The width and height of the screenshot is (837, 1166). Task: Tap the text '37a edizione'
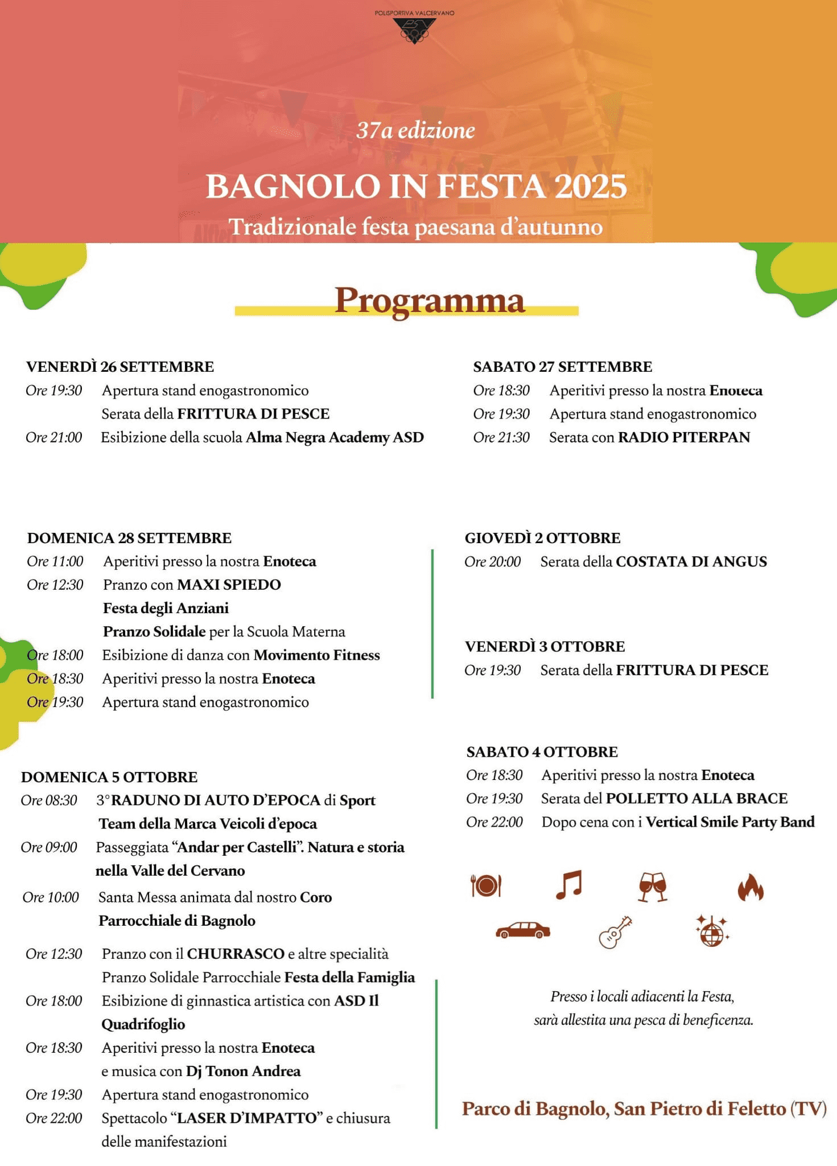[x=415, y=130]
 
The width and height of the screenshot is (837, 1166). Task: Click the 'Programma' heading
[x=429, y=300]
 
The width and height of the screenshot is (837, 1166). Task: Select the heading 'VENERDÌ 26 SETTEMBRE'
[x=120, y=367]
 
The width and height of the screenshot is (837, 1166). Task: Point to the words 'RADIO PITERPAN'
[x=684, y=437]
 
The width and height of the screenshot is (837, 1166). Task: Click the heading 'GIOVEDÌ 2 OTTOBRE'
[x=542, y=538]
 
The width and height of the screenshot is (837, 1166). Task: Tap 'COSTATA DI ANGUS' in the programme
[x=691, y=562]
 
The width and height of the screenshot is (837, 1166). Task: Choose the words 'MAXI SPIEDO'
[x=229, y=585]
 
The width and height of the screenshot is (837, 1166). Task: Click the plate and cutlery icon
[x=485, y=885]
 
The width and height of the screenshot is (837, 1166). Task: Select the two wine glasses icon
[x=653, y=886]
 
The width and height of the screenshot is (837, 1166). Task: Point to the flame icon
[x=750, y=887]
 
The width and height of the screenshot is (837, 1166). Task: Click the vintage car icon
[x=523, y=930]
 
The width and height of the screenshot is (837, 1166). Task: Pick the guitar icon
[x=615, y=931]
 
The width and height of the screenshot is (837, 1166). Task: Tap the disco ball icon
[x=711, y=931]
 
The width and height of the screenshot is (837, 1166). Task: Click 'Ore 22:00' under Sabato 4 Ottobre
[x=494, y=822]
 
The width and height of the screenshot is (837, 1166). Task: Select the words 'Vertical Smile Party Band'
[x=730, y=822]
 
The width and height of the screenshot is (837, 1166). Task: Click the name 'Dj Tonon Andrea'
[x=243, y=1071]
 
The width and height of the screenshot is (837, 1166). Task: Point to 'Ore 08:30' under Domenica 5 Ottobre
[x=49, y=800]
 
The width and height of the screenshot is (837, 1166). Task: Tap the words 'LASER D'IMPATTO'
[x=247, y=1118]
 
